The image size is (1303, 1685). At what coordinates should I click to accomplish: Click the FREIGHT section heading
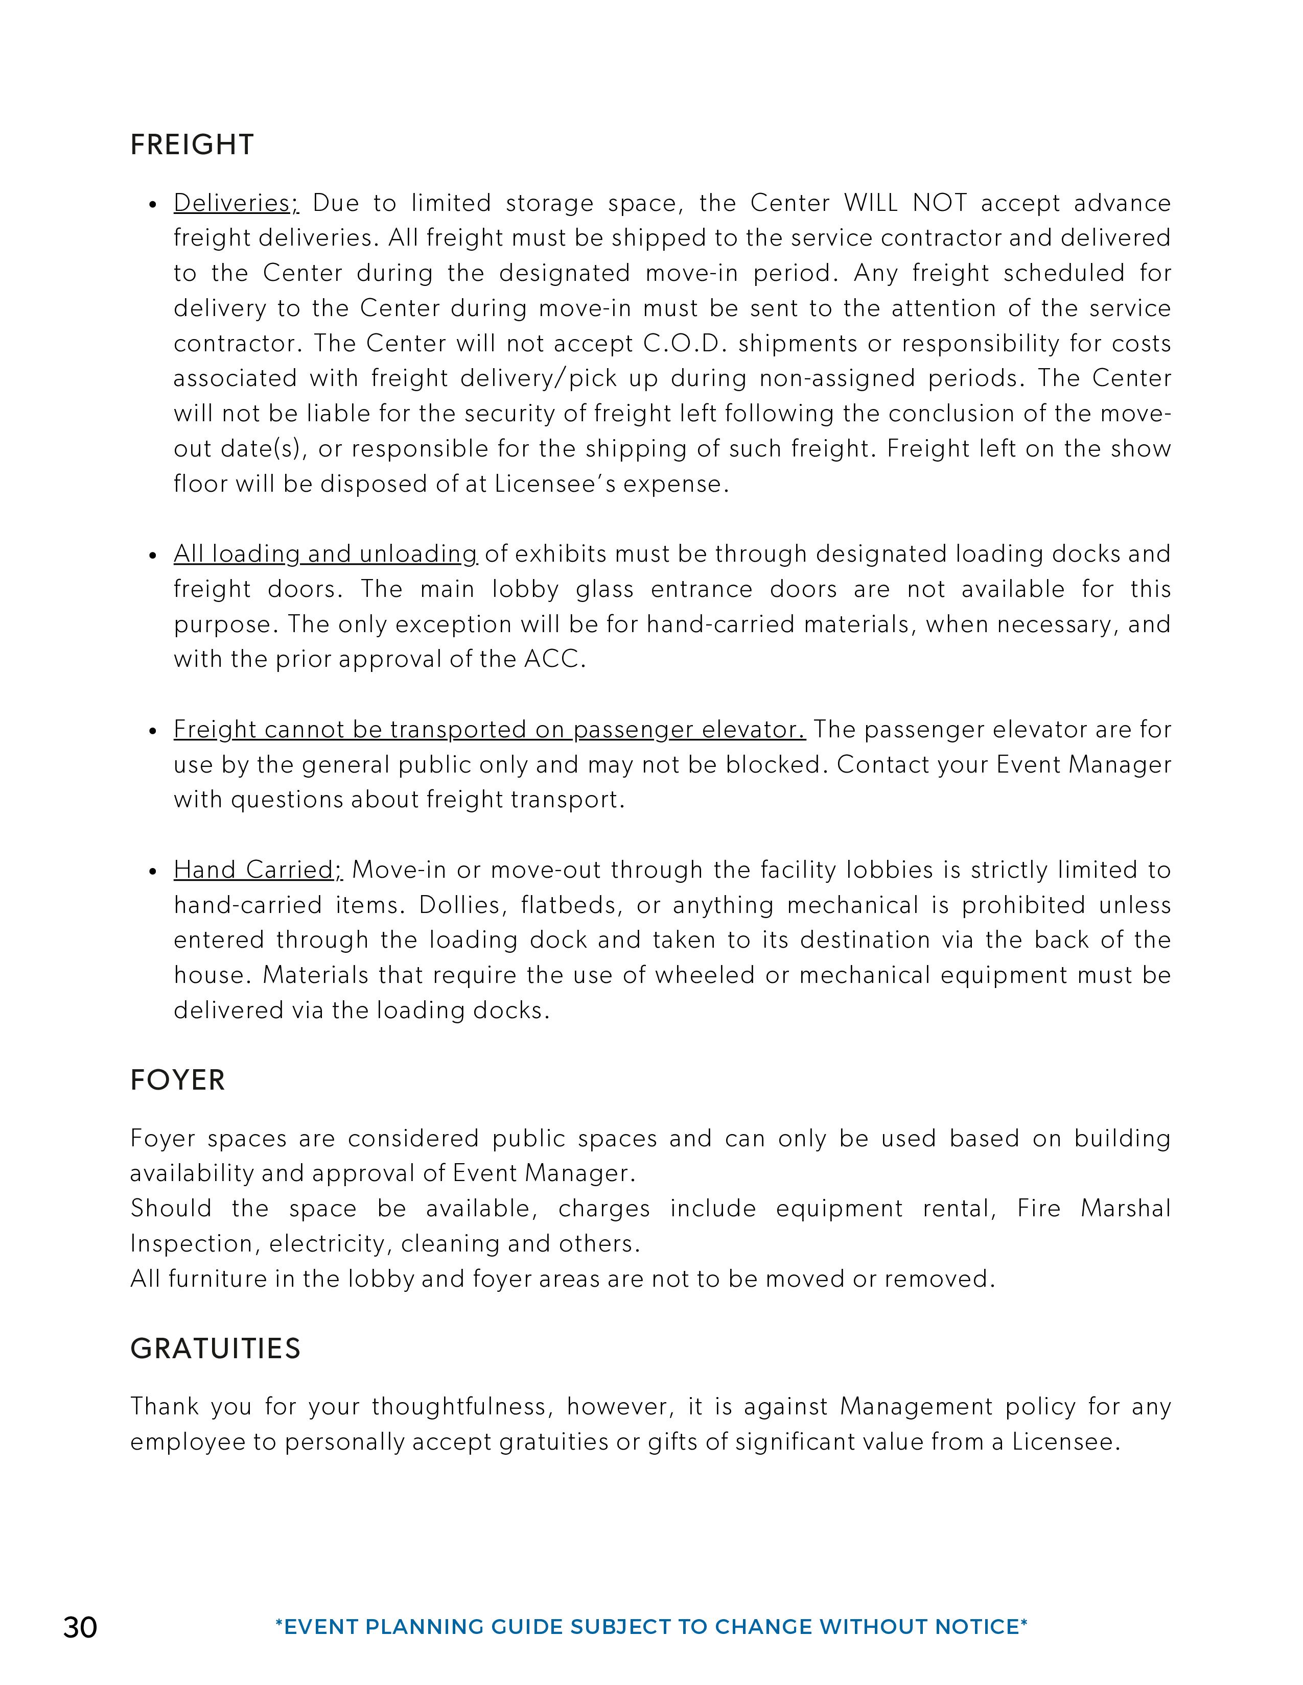tap(192, 145)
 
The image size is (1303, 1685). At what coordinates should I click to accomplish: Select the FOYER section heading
tap(177, 1080)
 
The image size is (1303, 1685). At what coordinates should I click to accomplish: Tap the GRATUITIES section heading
tap(215, 1349)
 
